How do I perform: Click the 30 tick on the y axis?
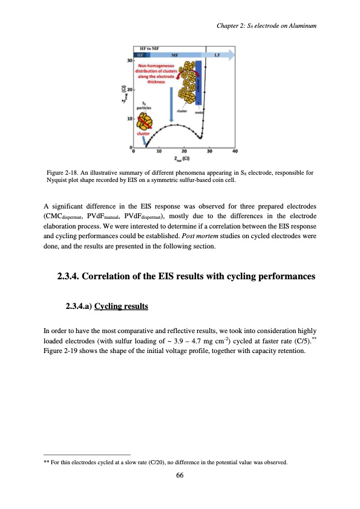tap(129, 60)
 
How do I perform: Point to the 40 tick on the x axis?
tap(235, 151)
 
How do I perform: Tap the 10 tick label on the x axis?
tap(159, 151)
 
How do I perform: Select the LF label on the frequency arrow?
tap(217, 54)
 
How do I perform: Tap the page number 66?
tap(180, 475)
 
